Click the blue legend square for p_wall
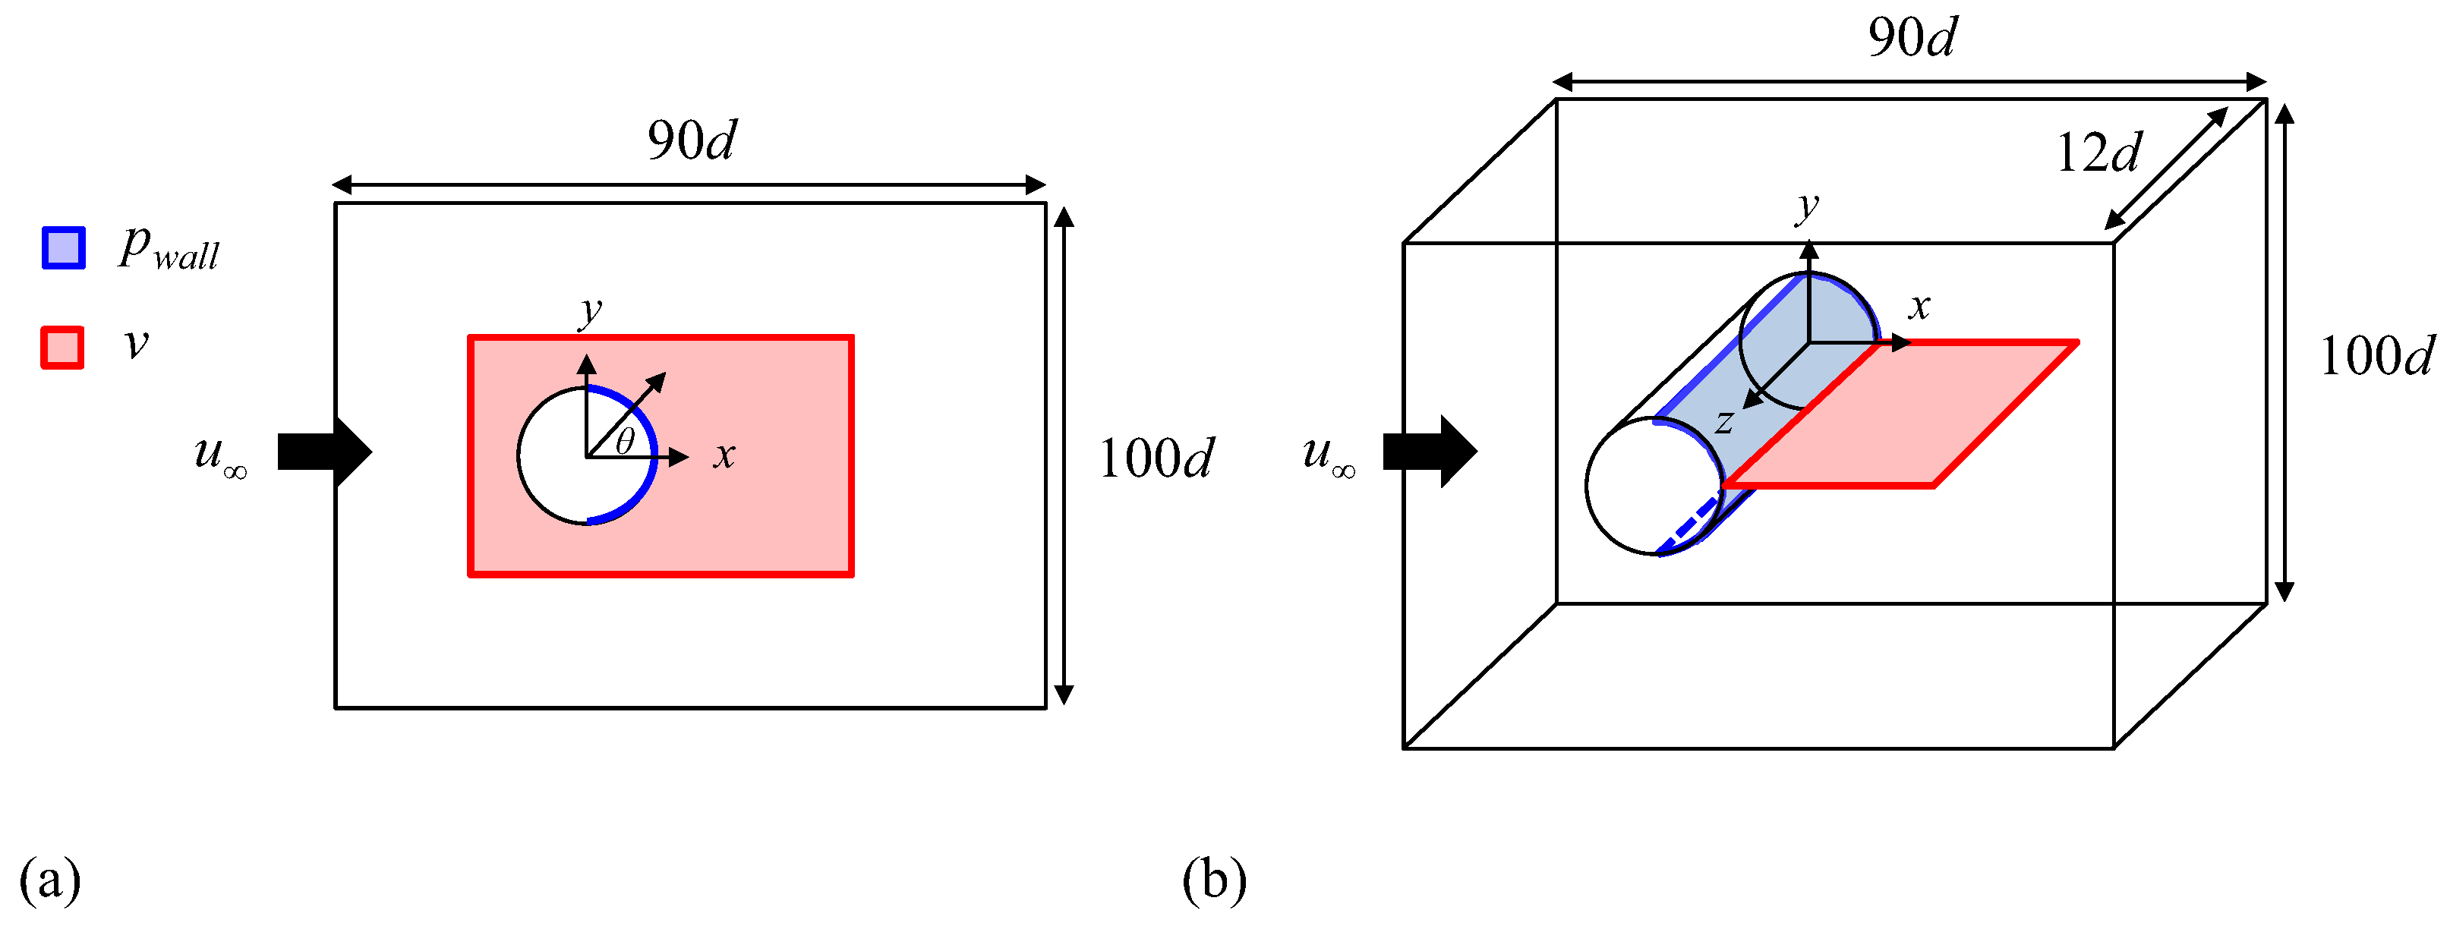tap(64, 248)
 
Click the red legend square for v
tap(63, 347)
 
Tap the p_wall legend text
tap(169, 250)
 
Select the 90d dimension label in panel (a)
tap(692, 140)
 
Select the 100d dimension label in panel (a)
tap(1156, 459)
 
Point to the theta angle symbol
tap(624, 442)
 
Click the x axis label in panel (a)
tap(725, 455)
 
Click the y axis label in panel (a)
tap(591, 310)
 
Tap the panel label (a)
tap(49, 880)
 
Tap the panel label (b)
tap(1215, 880)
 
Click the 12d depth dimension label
tap(2098, 153)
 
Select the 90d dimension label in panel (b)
tap(1912, 38)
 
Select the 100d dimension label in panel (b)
tap(2376, 357)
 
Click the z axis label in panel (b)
tap(1724, 420)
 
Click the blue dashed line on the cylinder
tap(1690, 524)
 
